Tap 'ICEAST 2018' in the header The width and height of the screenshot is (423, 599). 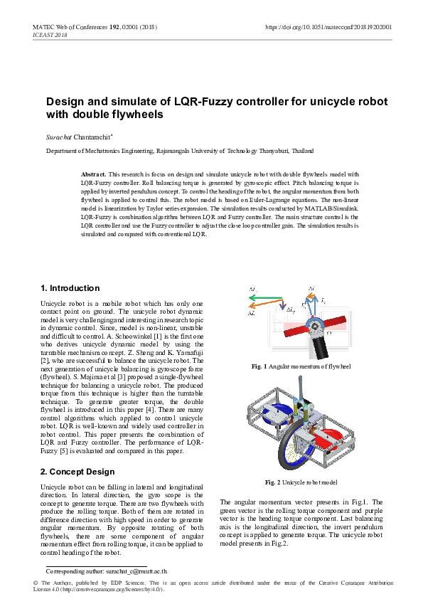click(x=50, y=35)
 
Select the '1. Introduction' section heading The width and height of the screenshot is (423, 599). click(x=70, y=288)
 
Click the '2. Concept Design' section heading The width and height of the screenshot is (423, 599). click(x=77, y=472)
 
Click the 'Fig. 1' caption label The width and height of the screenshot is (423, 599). click(x=259, y=366)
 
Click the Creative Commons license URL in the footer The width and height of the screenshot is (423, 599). click(x=114, y=590)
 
